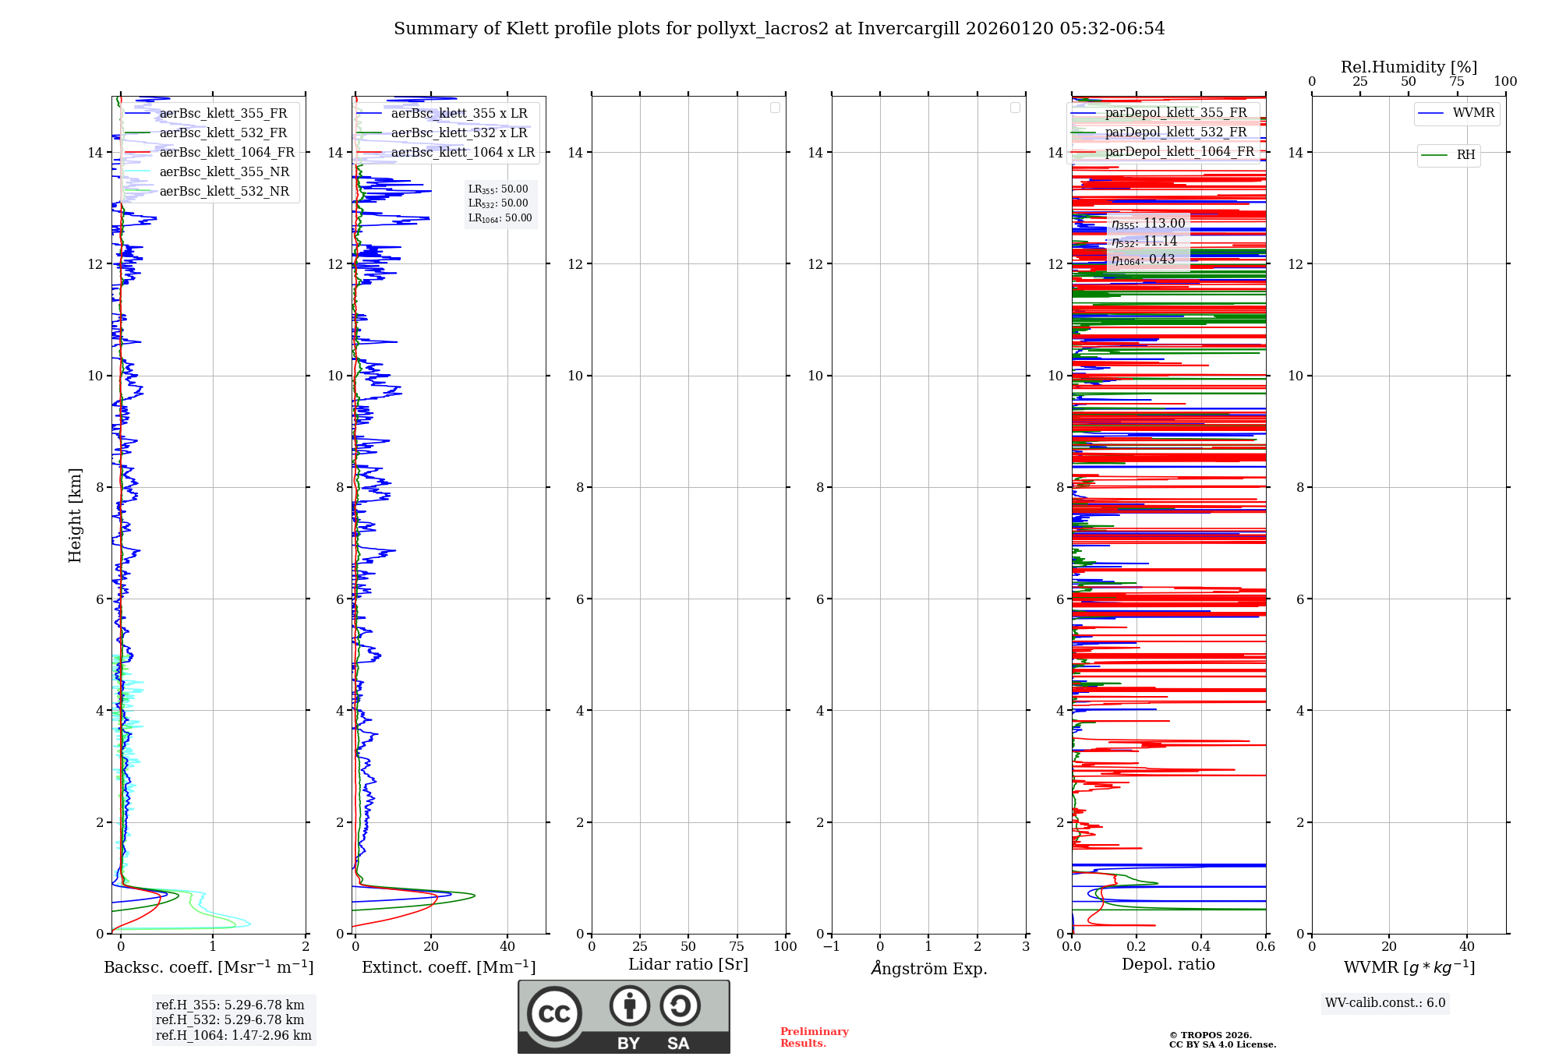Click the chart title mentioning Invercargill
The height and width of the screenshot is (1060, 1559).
pos(779,29)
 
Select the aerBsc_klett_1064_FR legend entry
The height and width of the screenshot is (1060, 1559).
pos(227,153)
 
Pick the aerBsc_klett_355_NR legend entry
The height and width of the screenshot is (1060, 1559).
pos(224,172)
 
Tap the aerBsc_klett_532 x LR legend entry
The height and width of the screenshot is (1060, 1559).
pos(459,133)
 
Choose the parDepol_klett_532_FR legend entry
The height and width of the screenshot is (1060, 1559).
pos(1175,132)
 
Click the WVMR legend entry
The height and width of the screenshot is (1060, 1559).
pos(1473,113)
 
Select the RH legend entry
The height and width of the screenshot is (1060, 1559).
pos(1465,155)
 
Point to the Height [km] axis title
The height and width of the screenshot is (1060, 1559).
pos(75,515)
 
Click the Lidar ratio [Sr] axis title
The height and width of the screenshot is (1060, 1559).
pos(688,965)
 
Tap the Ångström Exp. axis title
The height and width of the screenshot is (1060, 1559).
pos(928,968)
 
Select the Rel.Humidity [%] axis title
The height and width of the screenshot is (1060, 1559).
pos(1409,67)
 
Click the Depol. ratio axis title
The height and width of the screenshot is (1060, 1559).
pos(1168,965)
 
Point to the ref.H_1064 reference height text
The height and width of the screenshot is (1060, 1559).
pos(233,1036)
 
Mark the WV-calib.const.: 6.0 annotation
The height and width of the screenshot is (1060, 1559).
pos(1385,1003)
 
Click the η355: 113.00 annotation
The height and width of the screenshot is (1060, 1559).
pos(1148,224)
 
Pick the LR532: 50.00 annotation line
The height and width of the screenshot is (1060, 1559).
pos(498,203)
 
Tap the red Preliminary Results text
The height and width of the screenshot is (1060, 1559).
pos(814,1037)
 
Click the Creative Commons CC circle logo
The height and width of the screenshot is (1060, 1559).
pos(554,1014)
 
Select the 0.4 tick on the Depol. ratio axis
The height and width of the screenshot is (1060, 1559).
pos(1201,947)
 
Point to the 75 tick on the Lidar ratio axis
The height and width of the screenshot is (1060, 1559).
pos(737,947)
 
